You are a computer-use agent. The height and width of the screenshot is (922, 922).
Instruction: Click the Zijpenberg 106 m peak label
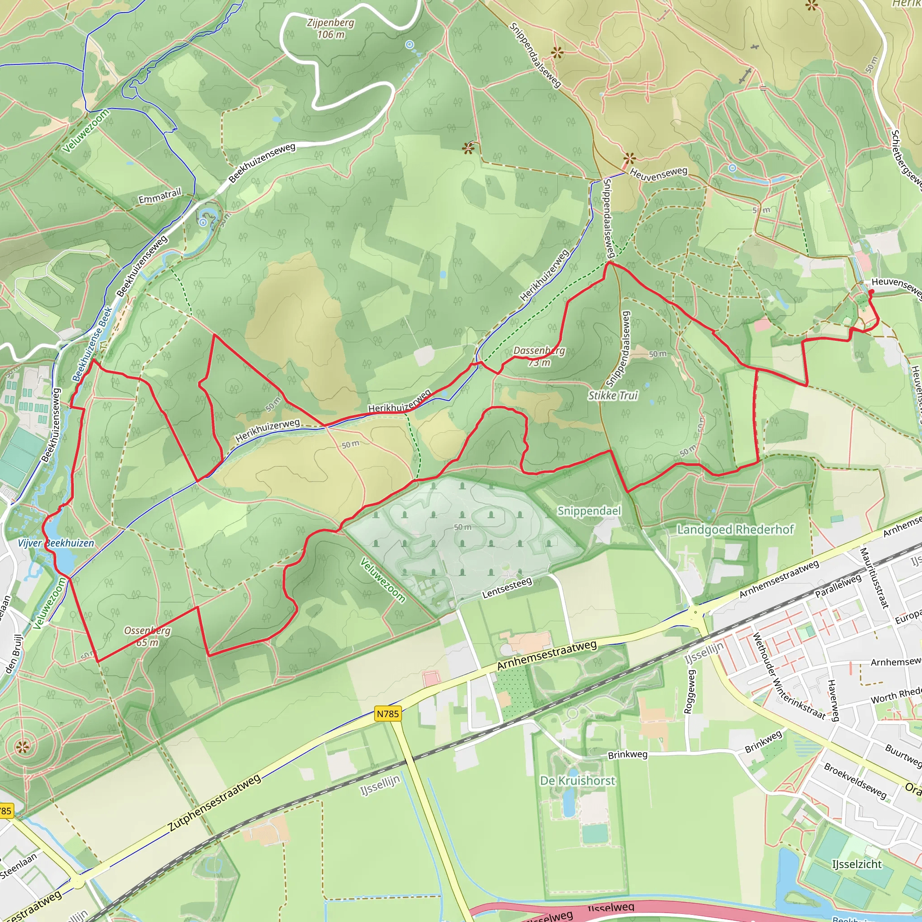(331, 29)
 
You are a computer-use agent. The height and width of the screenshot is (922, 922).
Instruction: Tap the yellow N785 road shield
(388, 714)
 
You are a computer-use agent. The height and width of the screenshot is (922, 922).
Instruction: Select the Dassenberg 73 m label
(539, 357)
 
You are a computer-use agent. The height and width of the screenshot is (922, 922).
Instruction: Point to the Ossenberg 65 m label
(148, 636)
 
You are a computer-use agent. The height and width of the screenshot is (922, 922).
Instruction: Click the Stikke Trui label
(613, 396)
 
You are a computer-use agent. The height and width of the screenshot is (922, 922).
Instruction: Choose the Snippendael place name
(589, 511)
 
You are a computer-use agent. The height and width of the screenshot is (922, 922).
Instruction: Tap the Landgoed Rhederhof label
(736, 530)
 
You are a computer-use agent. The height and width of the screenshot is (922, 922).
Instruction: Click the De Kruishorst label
(578, 781)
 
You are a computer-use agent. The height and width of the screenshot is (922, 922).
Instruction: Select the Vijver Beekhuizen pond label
(56, 543)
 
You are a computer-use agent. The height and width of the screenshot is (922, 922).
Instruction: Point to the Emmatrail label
(160, 196)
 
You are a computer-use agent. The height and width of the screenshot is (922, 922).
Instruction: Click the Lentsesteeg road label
(507, 588)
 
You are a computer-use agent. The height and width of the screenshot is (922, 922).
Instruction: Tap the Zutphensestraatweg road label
(215, 803)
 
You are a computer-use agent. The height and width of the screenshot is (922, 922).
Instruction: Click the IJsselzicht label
(857, 864)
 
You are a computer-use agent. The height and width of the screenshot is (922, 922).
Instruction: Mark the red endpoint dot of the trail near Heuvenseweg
(871, 292)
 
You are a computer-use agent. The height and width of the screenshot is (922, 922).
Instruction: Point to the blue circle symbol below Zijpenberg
(410, 45)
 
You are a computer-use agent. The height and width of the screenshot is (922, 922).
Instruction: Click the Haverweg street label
(833, 701)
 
